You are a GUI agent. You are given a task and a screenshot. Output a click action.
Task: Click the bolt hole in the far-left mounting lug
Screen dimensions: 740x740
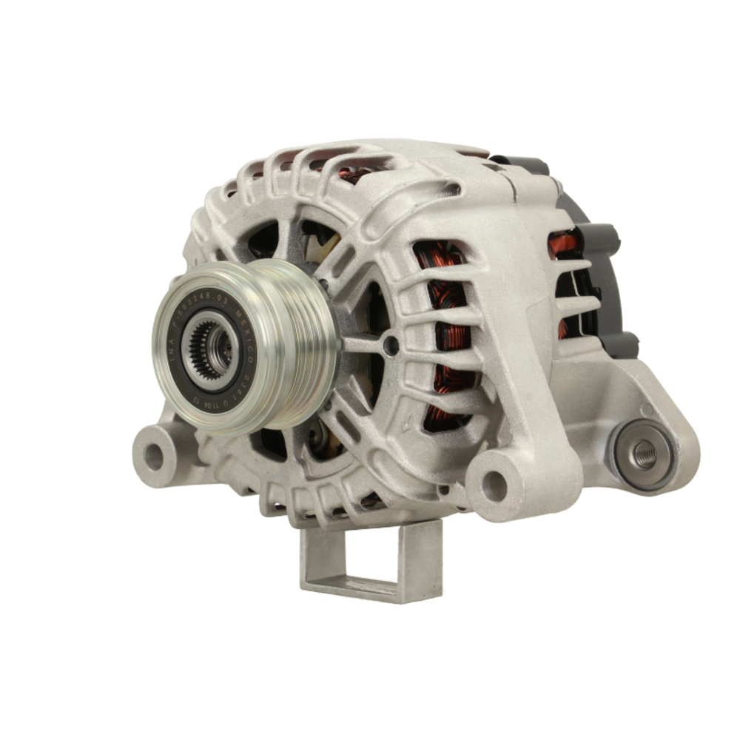[153, 457]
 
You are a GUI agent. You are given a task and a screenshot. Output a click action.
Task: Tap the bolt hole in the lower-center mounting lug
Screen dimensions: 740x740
[494, 485]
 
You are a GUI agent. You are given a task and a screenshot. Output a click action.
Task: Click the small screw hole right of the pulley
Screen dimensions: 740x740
[391, 344]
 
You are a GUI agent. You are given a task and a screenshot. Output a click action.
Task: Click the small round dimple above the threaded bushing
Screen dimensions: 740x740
[646, 410]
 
